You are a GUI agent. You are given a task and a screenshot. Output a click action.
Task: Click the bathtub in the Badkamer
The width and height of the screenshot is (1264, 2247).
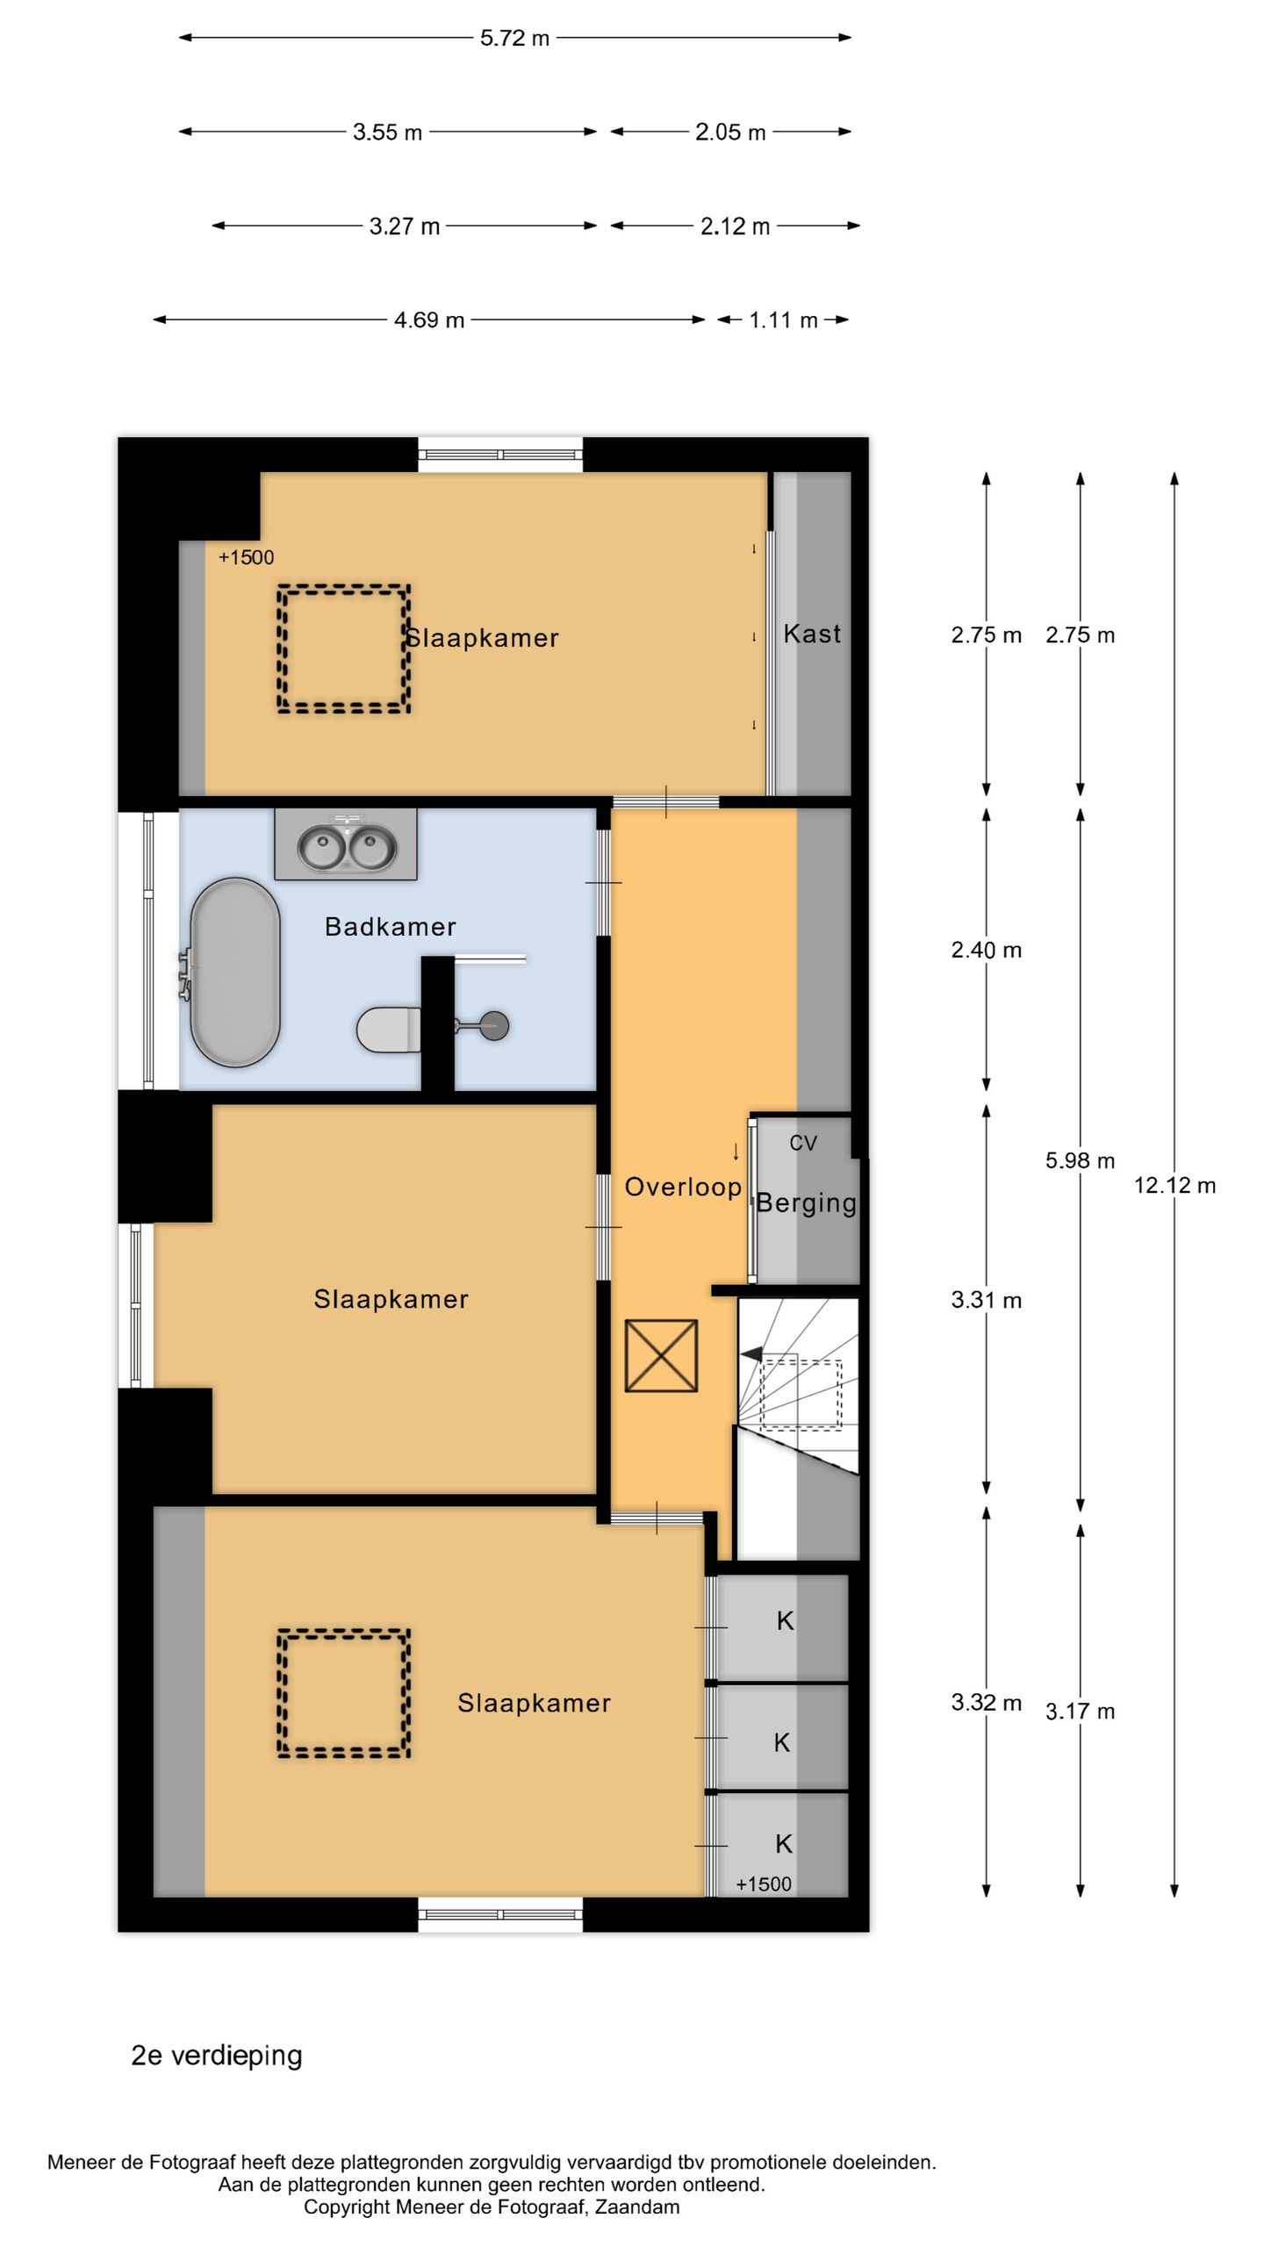[235, 972]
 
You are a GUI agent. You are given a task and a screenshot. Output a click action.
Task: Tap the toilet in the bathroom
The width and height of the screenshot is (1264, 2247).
[388, 1030]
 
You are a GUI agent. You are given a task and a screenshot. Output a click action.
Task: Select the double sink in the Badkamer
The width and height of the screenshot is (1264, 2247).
[346, 844]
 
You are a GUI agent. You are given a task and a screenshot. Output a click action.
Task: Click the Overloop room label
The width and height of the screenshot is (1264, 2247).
[683, 1188]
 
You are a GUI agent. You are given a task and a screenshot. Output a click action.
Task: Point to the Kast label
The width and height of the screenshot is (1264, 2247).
[812, 634]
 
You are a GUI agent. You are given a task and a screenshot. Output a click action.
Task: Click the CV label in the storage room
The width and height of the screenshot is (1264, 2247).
[803, 1143]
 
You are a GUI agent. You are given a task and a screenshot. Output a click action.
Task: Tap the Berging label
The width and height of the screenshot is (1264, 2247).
[807, 1203]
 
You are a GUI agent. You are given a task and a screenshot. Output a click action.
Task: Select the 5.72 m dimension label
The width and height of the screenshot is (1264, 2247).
[514, 38]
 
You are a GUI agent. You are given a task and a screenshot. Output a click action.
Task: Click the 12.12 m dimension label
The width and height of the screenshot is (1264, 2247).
[1174, 1186]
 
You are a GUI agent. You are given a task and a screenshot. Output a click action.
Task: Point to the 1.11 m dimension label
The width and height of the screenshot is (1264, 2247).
[783, 320]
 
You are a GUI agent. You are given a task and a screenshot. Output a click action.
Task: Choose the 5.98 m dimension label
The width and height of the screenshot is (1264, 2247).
[1080, 1161]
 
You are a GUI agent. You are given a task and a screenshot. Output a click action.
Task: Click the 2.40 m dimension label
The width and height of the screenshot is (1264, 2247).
[987, 951]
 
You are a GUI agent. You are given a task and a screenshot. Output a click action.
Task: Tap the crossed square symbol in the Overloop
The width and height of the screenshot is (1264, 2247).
[661, 1356]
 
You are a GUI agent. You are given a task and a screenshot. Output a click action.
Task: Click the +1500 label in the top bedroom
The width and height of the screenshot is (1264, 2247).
[246, 557]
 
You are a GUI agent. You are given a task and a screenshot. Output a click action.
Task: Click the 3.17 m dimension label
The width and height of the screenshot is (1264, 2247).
[1080, 1712]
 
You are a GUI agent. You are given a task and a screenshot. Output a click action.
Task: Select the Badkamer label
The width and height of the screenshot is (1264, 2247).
[391, 927]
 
